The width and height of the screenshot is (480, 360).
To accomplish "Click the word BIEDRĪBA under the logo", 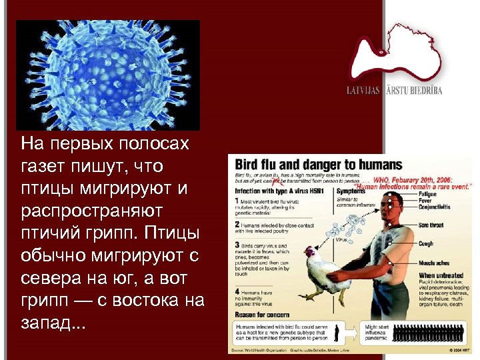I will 423,89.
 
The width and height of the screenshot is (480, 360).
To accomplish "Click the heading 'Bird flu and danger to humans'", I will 315,164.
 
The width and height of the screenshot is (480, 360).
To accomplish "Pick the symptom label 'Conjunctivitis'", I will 436,206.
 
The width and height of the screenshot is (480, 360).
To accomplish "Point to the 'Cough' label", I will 425,244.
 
